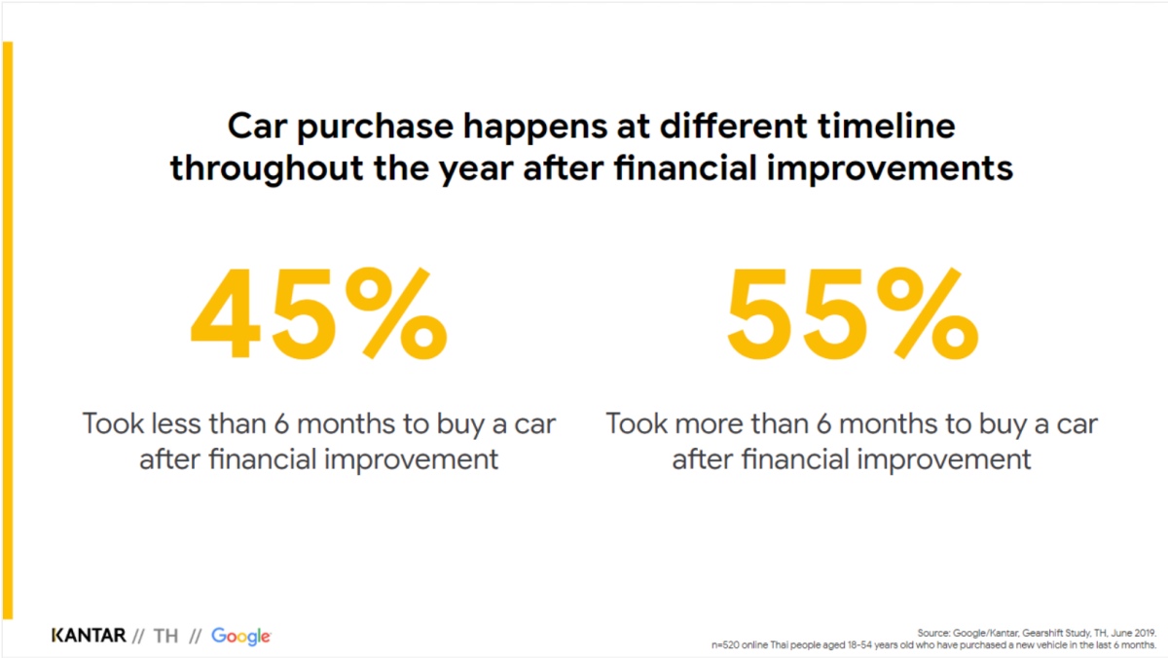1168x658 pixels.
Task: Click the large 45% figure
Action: click(319, 313)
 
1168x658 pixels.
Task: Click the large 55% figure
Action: click(853, 313)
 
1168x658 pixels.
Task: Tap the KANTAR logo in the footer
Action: click(89, 636)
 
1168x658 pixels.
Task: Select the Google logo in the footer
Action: click(241, 637)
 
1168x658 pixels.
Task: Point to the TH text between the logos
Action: click(165, 637)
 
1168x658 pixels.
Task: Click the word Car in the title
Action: click(257, 127)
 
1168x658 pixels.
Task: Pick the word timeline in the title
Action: click(886, 126)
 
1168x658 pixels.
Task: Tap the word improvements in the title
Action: click(890, 169)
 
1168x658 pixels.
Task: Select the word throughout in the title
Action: click(266, 169)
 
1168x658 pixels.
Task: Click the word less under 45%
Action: click(176, 423)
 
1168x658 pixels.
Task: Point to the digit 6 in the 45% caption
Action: click(281, 423)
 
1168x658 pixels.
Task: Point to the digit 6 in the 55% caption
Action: click(823, 423)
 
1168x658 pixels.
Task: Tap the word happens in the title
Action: click(535, 128)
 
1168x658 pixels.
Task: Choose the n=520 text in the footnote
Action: click(725, 645)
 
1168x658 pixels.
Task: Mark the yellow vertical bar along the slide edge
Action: click(8, 330)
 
